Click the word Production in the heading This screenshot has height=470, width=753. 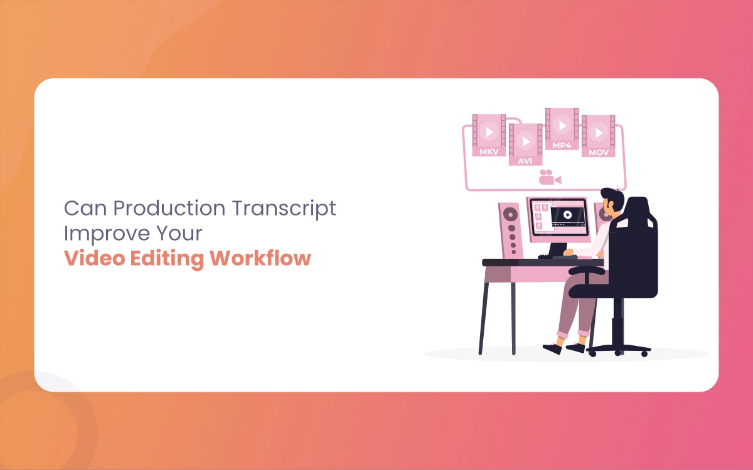pos(169,208)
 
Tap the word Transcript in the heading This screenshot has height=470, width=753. pos(284,209)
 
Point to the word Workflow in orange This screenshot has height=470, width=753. pos(260,258)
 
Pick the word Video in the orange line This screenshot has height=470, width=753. pos(95,258)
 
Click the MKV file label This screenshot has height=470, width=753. pos(489,152)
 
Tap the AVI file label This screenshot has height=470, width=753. pos(525,161)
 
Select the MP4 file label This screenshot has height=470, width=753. pos(562,145)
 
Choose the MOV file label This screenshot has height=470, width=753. pos(599,153)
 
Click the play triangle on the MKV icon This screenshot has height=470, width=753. pos(490,132)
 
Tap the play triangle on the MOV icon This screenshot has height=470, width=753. pos(599,133)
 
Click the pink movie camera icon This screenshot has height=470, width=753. pos(550,177)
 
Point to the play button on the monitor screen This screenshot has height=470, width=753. pos(567,214)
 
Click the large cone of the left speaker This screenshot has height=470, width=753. pos(510,214)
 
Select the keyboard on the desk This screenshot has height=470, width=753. pos(557,257)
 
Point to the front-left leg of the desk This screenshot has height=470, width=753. pos(483,318)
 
